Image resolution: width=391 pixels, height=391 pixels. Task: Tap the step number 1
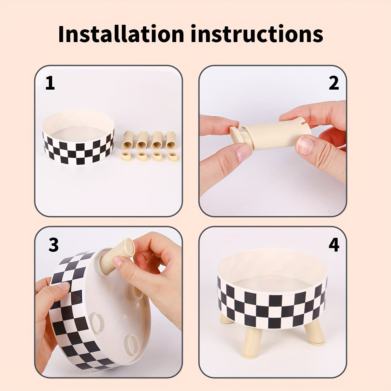50,84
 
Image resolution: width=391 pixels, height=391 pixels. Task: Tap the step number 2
334,84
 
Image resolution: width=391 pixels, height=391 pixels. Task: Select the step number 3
53,245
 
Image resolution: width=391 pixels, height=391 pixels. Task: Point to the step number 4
334,245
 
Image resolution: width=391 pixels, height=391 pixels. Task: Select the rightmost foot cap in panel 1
173,157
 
